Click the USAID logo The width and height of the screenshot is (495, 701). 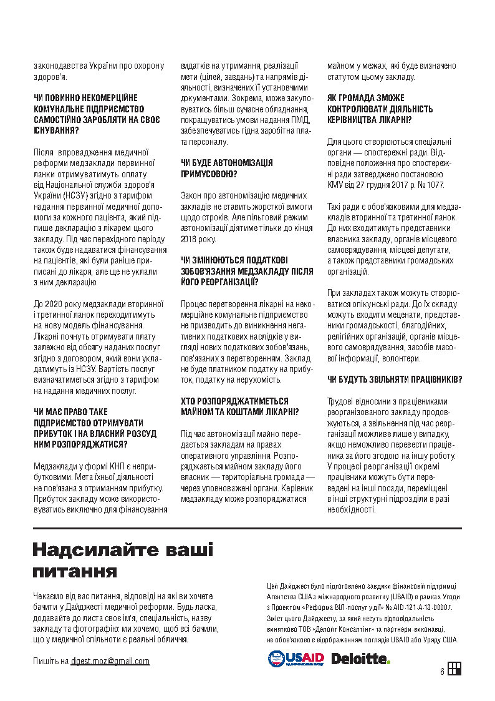click(x=296, y=659)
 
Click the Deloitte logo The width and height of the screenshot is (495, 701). click(x=360, y=659)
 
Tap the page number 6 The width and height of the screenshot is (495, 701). click(x=441, y=672)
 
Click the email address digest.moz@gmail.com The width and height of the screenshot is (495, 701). click(x=110, y=661)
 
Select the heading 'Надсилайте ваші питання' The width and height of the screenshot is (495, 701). click(x=123, y=561)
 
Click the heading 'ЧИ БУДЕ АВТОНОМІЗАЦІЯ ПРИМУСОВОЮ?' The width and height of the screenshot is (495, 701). click(x=226, y=169)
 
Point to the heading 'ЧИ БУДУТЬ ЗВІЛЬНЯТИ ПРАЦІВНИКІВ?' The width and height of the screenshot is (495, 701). click(x=395, y=379)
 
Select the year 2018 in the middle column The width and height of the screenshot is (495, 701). click(x=190, y=239)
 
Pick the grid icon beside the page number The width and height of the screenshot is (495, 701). click(x=454, y=669)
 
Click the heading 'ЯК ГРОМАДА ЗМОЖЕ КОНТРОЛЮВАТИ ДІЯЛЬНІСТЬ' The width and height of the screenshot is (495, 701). click(x=372, y=109)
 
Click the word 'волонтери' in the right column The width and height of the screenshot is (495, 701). click(x=399, y=358)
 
